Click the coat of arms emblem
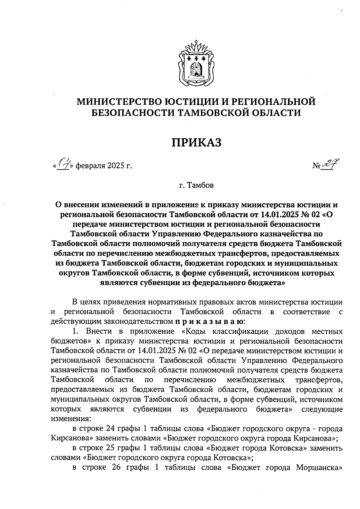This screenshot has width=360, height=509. coord(197,64)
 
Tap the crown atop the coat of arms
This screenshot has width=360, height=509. coord(197,48)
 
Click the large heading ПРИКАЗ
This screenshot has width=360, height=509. coord(196,142)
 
